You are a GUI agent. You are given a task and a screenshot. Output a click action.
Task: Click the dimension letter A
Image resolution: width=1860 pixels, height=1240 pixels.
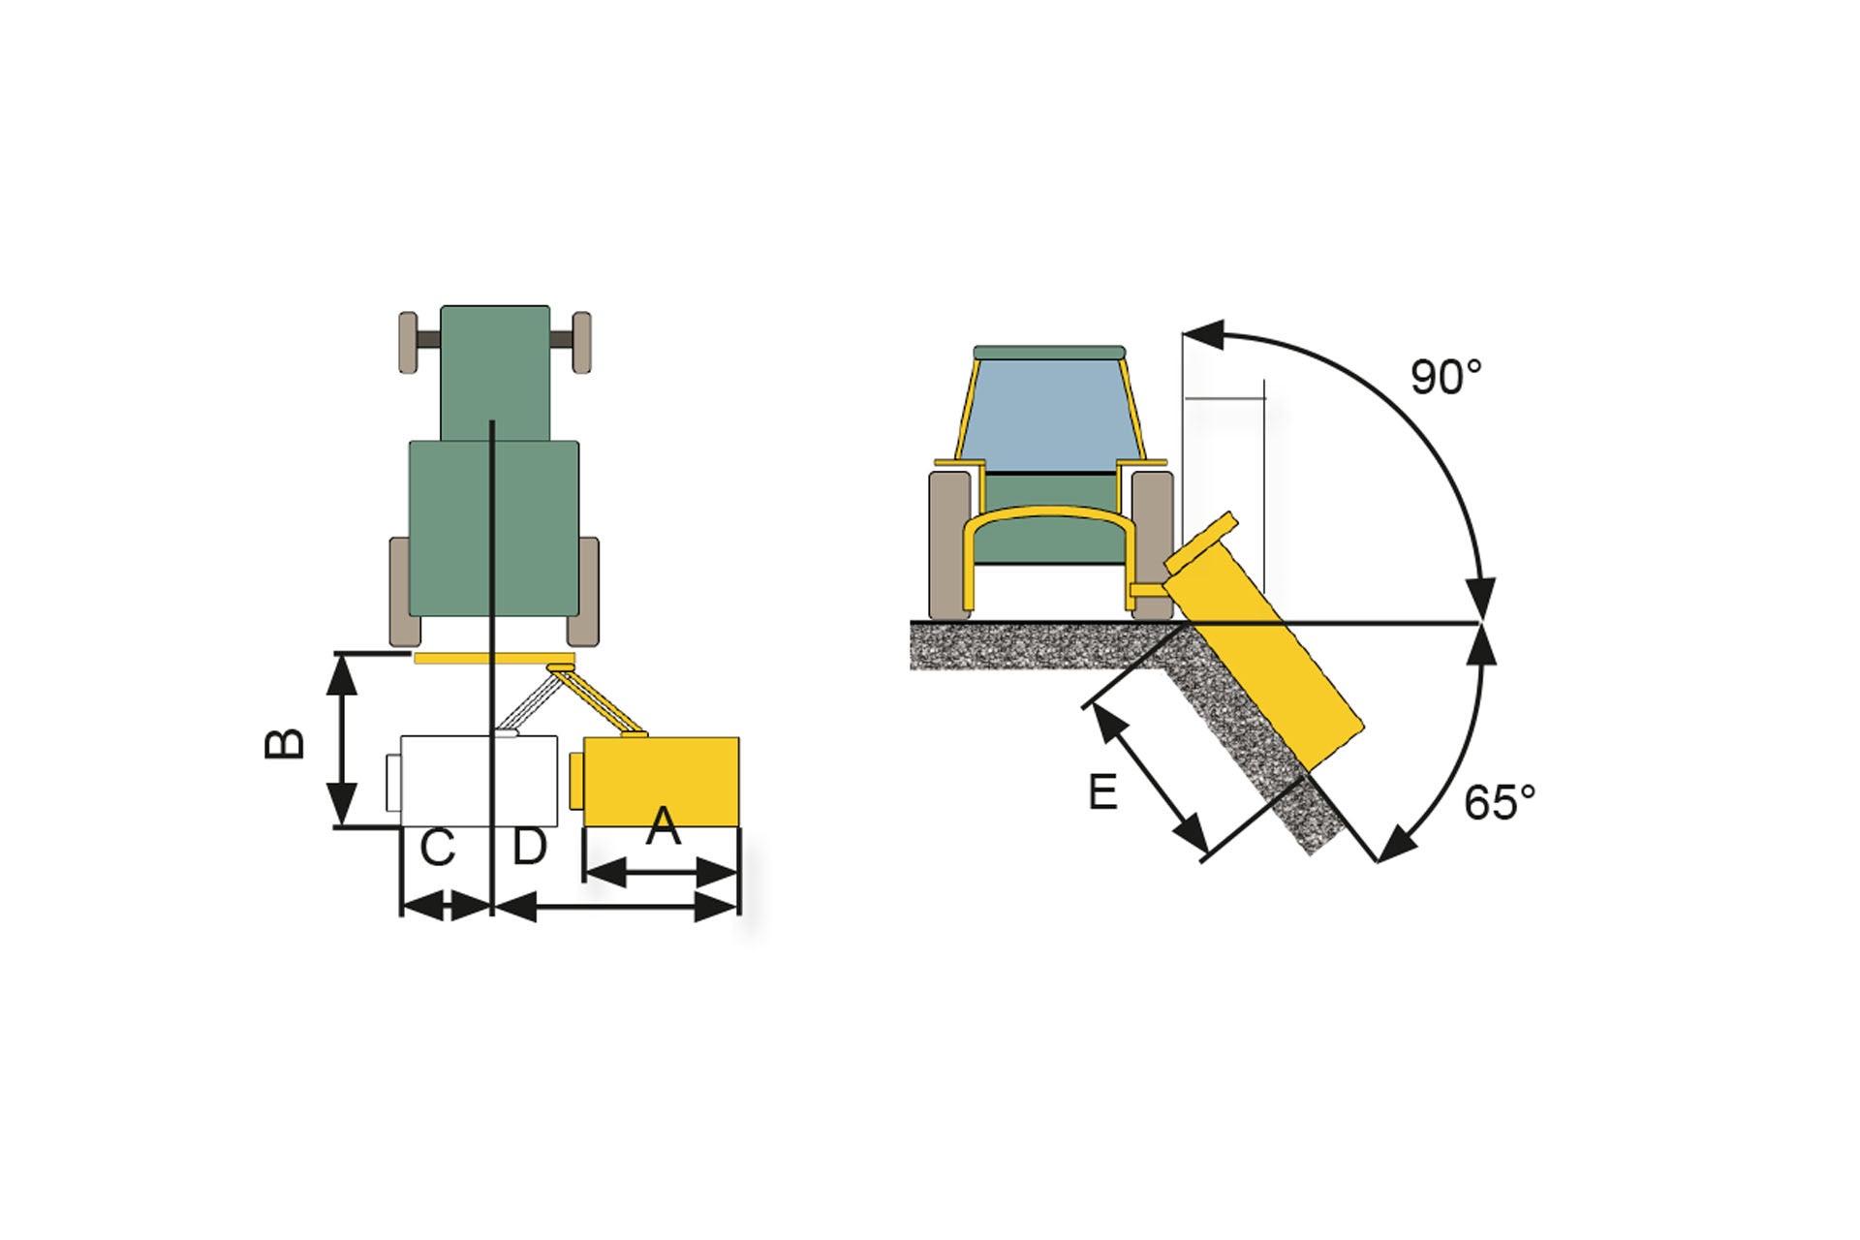(x=664, y=826)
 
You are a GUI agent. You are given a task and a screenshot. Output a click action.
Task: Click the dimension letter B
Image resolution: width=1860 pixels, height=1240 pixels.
(x=285, y=743)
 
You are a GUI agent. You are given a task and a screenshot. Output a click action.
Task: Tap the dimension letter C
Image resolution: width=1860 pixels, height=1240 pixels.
(x=437, y=849)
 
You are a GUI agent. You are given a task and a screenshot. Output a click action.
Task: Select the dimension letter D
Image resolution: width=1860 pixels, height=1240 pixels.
(x=530, y=847)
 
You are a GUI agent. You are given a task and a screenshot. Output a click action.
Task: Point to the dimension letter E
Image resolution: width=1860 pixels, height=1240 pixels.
(x=1102, y=792)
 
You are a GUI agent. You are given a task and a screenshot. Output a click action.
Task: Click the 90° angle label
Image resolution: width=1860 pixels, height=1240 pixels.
(x=1445, y=377)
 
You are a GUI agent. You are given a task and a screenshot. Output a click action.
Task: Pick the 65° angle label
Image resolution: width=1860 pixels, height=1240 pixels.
(x=1499, y=803)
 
